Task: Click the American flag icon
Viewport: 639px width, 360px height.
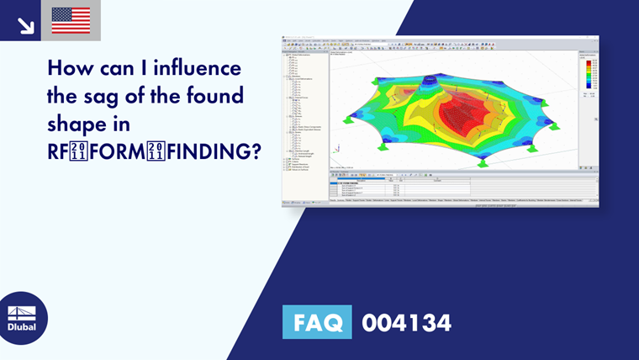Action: coord(71,20)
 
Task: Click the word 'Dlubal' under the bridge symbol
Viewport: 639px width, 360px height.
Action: coord(22,327)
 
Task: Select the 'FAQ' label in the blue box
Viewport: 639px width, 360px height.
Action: coord(317,322)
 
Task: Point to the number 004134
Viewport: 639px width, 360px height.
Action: coord(406,322)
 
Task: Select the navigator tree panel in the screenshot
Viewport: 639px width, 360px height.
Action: coord(305,118)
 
